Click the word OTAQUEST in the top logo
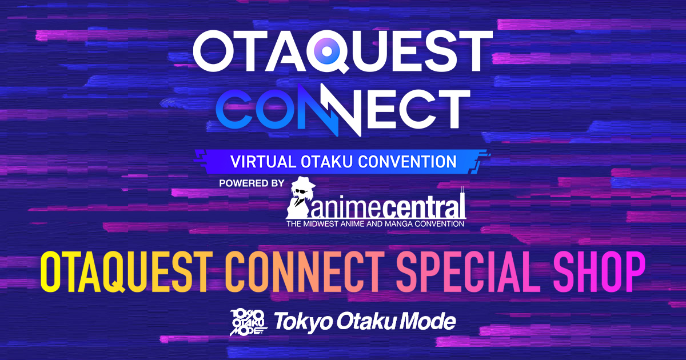[x=342, y=51]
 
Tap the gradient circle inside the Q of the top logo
[x=327, y=51]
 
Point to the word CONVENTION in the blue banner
[x=407, y=162]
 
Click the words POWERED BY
[x=252, y=183]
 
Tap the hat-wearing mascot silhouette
[x=301, y=198]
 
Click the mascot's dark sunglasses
[x=301, y=192]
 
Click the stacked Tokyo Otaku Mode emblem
[x=249, y=323]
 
